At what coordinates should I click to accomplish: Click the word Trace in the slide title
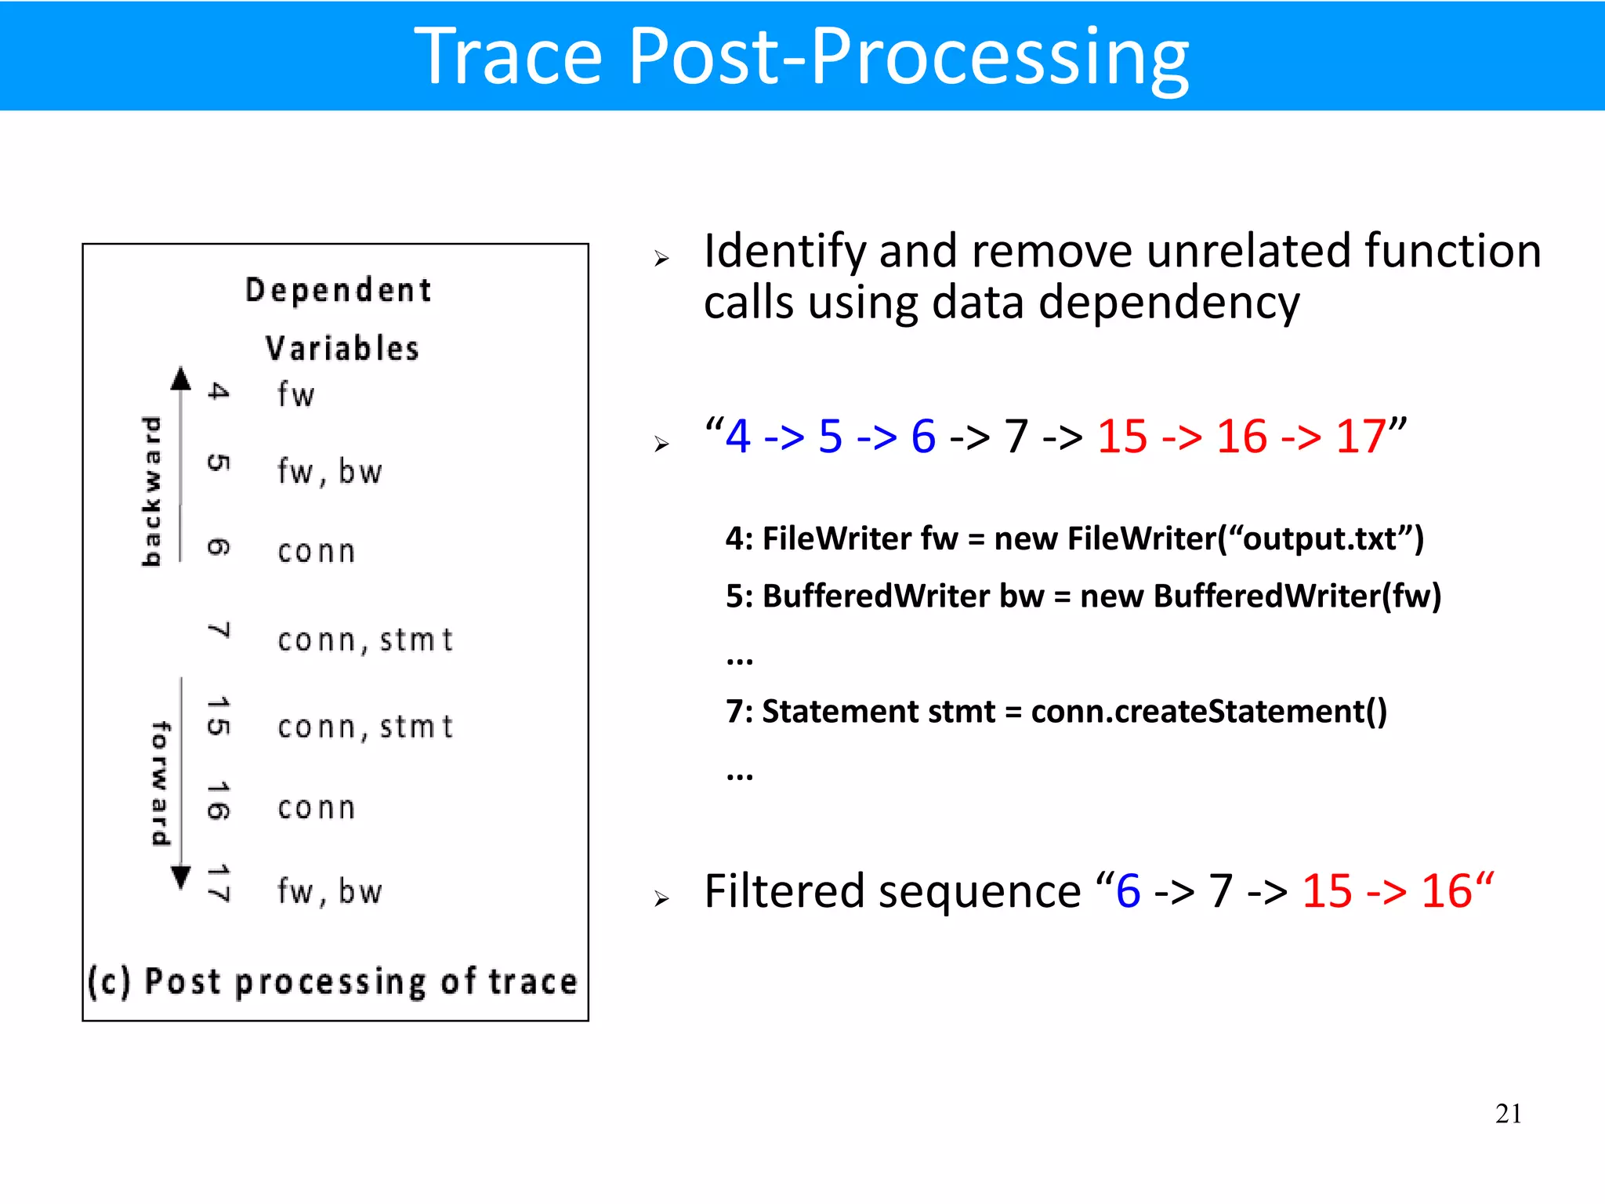(x=508, y=56)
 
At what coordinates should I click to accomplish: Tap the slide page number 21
(x=1508, y=1114)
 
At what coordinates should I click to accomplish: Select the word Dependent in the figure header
(x=338, y=291)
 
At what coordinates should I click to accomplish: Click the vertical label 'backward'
(x=150, y=491)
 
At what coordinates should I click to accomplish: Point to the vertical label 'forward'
(x=160, y=784)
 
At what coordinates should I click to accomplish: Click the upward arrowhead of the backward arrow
(x=181, y=379)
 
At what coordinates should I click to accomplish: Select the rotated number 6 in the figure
(x=219, y=547)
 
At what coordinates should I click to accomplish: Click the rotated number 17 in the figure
(x=219, y=884)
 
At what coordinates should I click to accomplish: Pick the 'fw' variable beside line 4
(x=295, y=394)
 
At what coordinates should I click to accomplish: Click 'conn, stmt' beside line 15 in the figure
(x=365, y=727)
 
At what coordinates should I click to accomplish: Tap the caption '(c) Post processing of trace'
(x=332, y=982)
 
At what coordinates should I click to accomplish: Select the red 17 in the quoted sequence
(x=1360, y=437)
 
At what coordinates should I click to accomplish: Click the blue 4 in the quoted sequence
(x=738, y=437)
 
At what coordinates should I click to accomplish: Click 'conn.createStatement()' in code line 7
(x=1208, y=712)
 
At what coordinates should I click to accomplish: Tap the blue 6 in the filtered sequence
(x=1129, y=891)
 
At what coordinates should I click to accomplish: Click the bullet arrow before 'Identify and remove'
(x=661, y=259)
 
